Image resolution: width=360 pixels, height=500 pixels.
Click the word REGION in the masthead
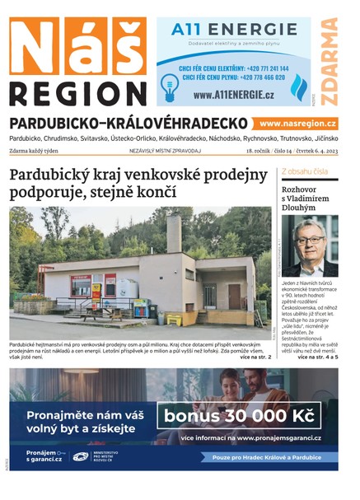[78, 92]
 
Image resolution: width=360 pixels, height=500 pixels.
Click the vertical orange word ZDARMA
[330, 62]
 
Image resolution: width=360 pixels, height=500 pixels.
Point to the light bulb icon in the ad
[171, 85]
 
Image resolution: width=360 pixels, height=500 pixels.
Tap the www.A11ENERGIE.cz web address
[234, 96]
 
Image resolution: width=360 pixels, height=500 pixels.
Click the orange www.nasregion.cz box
[297, 123]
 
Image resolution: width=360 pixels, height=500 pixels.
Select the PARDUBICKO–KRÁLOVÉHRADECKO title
[129, 123]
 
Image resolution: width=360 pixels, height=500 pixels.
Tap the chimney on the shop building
[173, 234]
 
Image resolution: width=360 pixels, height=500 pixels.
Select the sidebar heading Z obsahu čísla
[305, 172]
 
